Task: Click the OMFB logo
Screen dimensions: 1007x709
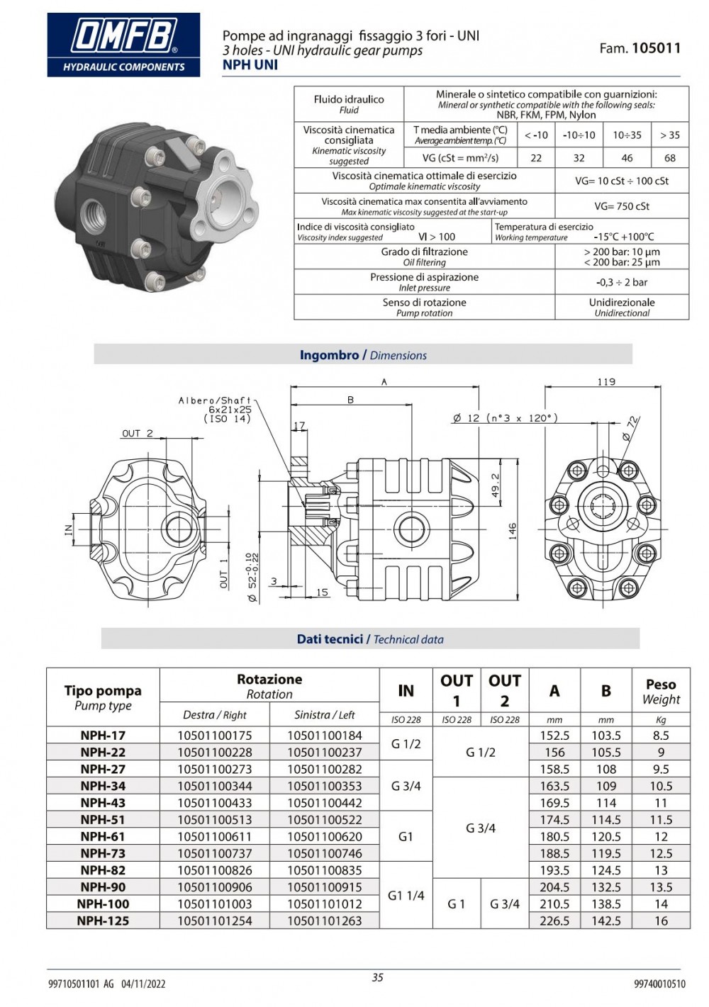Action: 123,44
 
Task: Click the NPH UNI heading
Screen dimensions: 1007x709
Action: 250,64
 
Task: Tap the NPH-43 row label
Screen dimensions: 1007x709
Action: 103,803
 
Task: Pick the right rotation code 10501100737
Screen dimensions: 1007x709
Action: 214,853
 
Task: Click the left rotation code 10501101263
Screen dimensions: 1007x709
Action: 325,921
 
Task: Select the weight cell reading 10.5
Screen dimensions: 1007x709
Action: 661,786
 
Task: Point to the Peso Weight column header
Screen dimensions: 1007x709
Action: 661,692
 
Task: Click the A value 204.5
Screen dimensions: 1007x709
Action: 554,887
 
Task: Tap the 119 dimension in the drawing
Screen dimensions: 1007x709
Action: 606,382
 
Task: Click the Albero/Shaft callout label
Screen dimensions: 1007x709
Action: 215,401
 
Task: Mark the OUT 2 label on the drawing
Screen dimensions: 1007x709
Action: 138,434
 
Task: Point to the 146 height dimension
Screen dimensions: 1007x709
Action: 513,531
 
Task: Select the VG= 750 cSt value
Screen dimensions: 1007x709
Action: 622,206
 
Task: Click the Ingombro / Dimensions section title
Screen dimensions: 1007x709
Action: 363,355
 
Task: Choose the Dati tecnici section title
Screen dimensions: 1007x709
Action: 370,639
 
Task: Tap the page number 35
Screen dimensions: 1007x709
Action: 377,977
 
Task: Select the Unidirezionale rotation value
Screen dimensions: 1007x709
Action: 622,303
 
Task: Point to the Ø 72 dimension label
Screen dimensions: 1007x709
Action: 630,429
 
